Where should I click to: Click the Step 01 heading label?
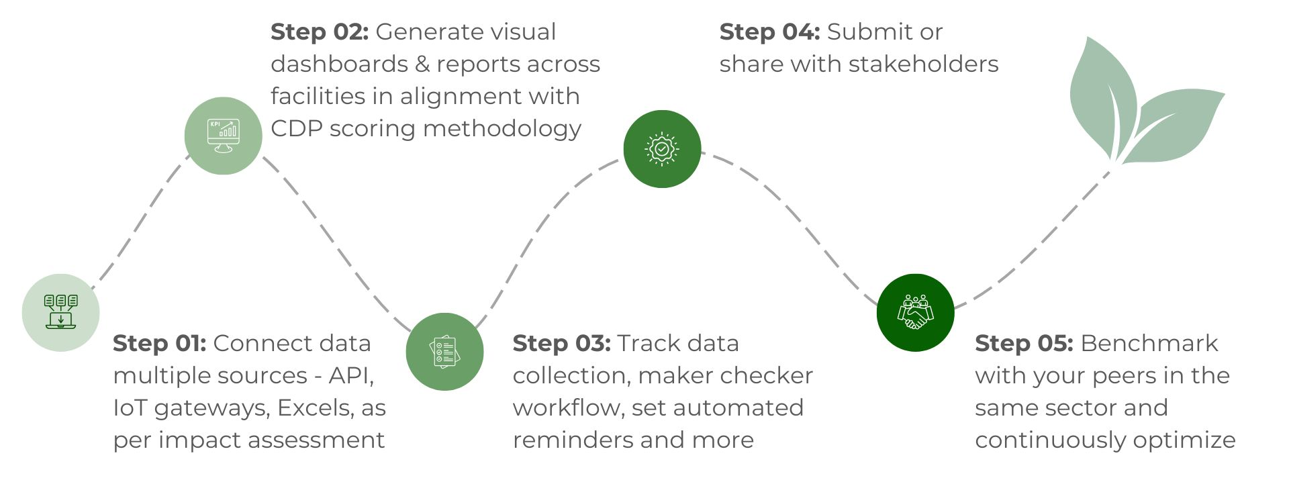point(159,344)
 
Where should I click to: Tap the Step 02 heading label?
point(320,32)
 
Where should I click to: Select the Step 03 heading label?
point(561,344)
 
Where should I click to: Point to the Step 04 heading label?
point(769,32)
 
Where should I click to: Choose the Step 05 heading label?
point(1024,344)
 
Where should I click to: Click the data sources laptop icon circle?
point(61,313)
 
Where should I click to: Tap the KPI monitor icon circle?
point(223,136)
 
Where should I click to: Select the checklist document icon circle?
point(444,352)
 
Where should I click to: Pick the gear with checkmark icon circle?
point(662,149)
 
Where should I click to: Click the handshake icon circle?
point(915,313)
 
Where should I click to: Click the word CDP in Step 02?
point(296,129)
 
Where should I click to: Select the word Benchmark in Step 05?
point(1149,344)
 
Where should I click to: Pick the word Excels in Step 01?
point(316,408)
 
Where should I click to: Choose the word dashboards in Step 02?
point(339,64)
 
